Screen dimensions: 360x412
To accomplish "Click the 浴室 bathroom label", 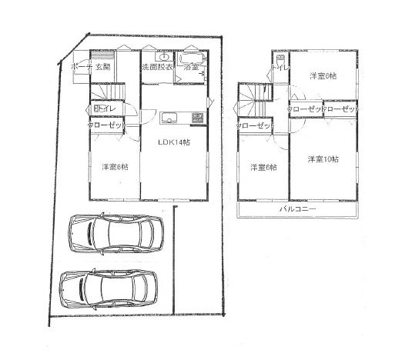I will (192, 68).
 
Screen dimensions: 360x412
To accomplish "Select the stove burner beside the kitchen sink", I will (196, 118).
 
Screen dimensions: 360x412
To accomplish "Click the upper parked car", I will (116, 232).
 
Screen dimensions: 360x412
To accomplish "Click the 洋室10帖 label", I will (323, 159).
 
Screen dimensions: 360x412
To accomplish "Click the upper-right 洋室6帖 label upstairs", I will (325, 75).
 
